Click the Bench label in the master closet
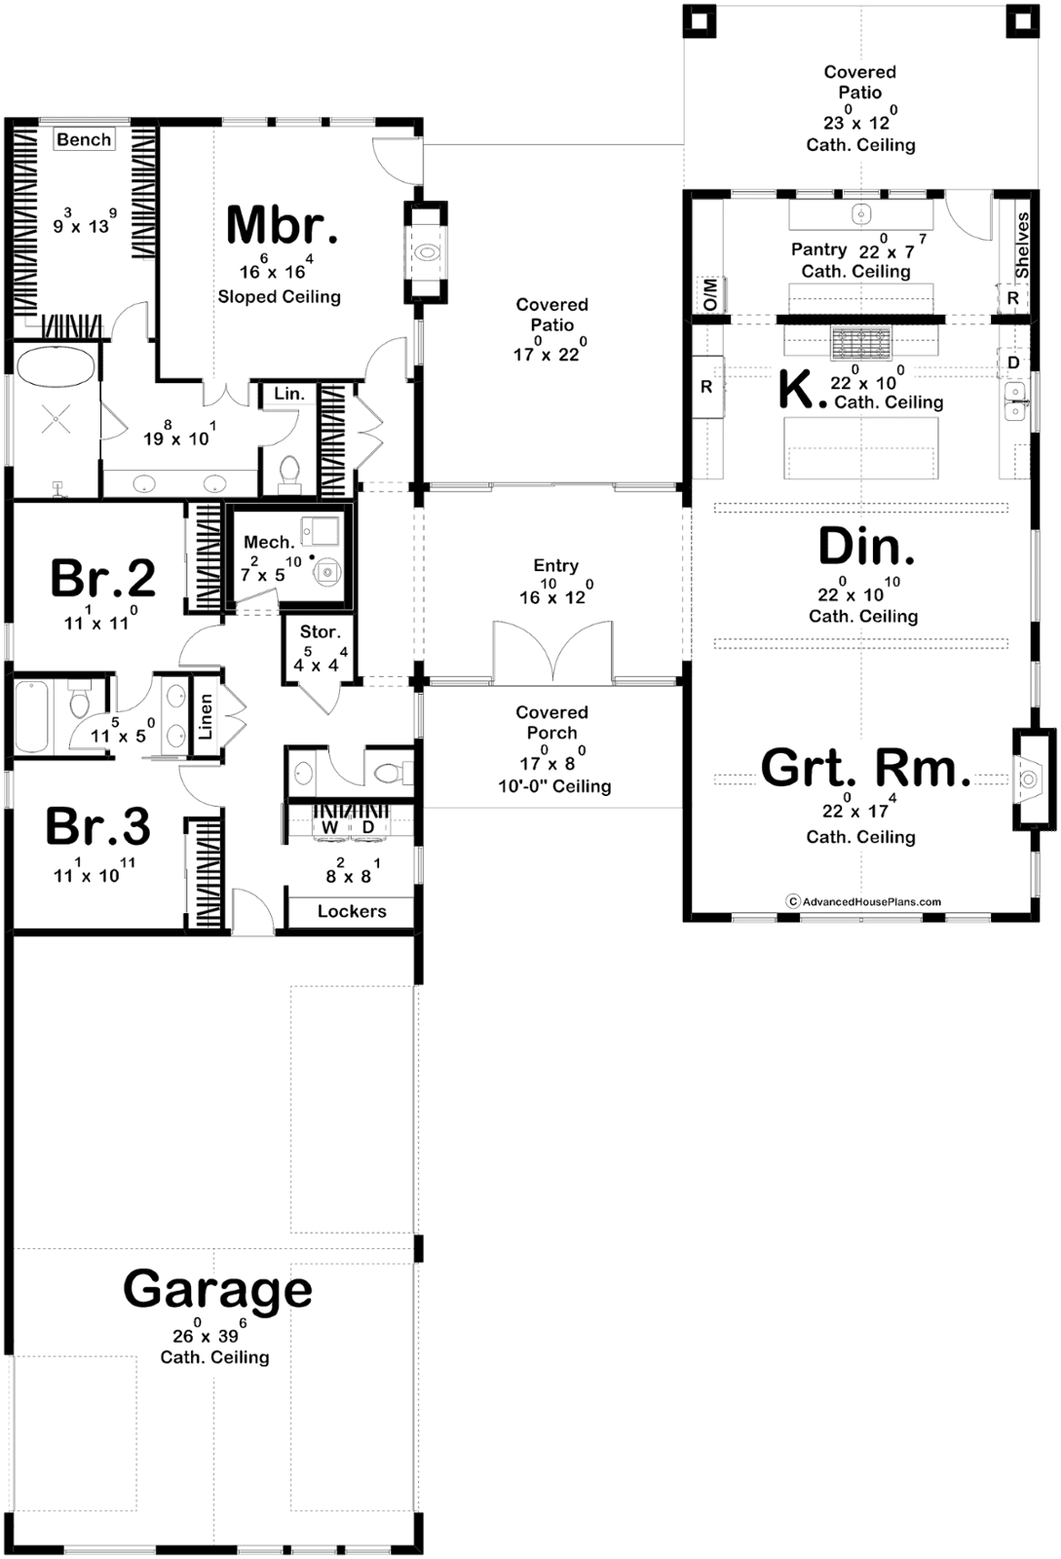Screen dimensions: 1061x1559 tap(84, 140)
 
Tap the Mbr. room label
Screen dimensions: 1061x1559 tap(283, 225)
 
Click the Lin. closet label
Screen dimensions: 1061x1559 tap(288, 394)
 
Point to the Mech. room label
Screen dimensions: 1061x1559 tap(269, 542)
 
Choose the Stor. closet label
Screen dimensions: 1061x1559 tap(320, 632)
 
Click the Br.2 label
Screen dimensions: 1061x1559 tap(103, 578)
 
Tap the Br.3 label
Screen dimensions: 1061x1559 tap(98, 826)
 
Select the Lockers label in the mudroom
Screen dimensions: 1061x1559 tap(352, 911)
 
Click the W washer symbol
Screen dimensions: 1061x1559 tap(329, 827)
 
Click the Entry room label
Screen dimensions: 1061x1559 tap(556, 565)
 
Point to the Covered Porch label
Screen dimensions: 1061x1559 tap(551, 722)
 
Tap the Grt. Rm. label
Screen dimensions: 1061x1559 tap(865, 769)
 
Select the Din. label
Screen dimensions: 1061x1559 tap(866, 547)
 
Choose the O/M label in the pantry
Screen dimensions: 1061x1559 tap(710, 294)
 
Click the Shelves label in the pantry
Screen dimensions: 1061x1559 tap(1021, 245)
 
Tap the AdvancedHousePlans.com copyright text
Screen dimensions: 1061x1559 tap(863, 901)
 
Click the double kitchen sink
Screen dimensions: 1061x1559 tap(1015, 400)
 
